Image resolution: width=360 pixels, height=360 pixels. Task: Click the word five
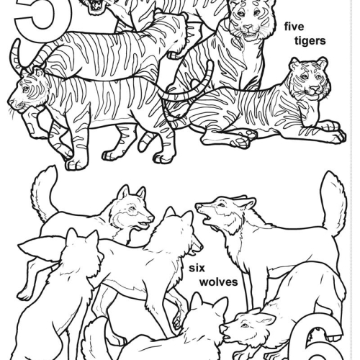(x=294, y=27)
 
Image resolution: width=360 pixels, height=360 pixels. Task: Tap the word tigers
(x=310, y=41)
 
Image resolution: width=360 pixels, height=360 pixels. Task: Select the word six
(x=197, y=268)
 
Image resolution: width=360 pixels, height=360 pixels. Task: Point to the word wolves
(x=219, y=282)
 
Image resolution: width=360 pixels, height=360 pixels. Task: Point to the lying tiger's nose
(x=314, y=90)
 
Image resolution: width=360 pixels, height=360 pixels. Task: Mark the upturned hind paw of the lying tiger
(x=240, y=139)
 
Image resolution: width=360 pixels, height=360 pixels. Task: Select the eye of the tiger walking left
(x=26, y=89)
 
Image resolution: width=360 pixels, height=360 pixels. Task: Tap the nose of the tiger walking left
(x=10, y=102)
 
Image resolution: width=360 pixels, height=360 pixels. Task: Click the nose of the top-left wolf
(x=151, y=218)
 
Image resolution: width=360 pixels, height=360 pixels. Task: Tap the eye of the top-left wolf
(x=131, y=208)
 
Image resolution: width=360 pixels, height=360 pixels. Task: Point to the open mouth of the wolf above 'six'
(x=208, y=219)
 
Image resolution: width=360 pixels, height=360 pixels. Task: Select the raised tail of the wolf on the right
(x=333, y=204)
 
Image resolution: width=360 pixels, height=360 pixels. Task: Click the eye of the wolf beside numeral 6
(x=245, y=325)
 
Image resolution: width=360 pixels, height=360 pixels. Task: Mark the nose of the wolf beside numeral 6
(x=223, y=328)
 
